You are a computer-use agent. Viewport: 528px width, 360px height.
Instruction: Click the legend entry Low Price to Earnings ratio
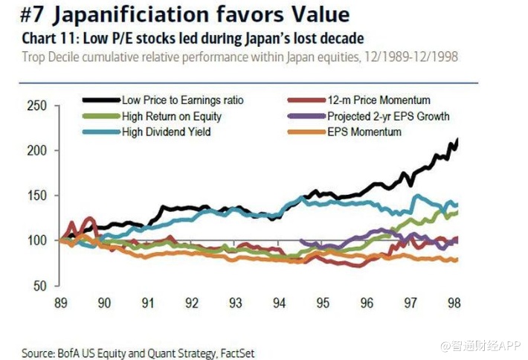[x=181, y=100]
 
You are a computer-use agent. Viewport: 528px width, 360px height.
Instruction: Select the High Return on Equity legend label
[x=173, y=116]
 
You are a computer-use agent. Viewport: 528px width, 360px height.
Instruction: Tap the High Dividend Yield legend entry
[x=166, y=132]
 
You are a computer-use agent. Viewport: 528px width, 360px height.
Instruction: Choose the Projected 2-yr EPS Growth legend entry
[x=388, y=116]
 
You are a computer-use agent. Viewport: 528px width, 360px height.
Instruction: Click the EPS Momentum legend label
[x=364, y=132]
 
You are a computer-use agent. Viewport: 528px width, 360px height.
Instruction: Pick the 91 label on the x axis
[x=147, y=303]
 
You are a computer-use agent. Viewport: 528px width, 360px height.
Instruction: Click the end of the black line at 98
[x=457, y=140]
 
